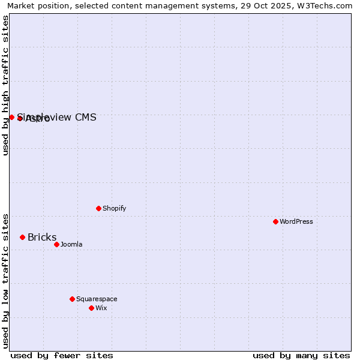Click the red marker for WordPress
tap(275, 221)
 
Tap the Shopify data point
tap(98, 208)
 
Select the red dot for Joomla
tap(56, 244)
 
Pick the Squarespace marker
tap(72, 299)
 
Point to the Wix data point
tap(91, 308)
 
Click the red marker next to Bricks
tap(22, 237)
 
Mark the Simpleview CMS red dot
tap(11, 117)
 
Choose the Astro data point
tap(20, 118)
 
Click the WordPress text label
tap(296, 221)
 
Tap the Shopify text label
tap(114, 208)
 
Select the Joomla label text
tap(71, 244)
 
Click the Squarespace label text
tap(97, 299)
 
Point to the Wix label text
tap(101, 308)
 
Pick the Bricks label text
tap(42, 237)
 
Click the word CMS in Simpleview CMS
tap(85, 117)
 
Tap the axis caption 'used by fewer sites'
tap(62, 355)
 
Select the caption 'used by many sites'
tap(301, 355)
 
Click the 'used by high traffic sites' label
tap(5, 85)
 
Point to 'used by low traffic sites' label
tap(5, 280)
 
